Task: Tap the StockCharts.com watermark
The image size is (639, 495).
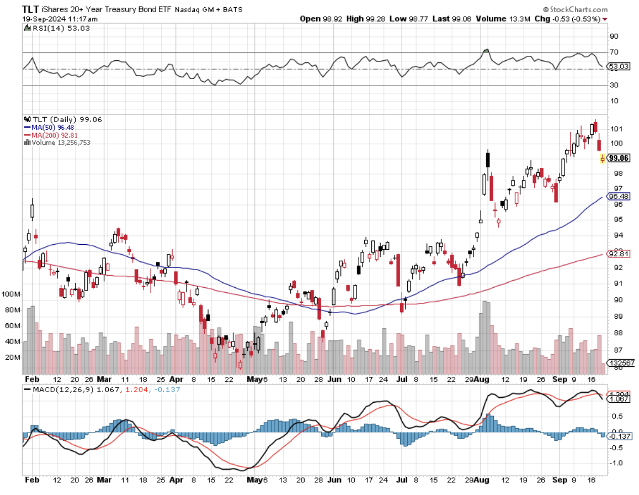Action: (x=576, y=9)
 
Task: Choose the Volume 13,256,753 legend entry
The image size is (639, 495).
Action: (x=57, y=143)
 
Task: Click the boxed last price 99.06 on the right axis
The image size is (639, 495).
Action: (x=619, y=159)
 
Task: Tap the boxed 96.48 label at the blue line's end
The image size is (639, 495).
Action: (x=619, y=196)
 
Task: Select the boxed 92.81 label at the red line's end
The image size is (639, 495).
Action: (x=619, y=254)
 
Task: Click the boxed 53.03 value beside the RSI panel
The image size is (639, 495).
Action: (x=617, y=67)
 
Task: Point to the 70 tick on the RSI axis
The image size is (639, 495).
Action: (x=614, y=52)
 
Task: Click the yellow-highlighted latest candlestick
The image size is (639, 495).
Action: (x=602, y=159)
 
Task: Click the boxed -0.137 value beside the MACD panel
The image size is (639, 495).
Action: (x=619, y=436)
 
